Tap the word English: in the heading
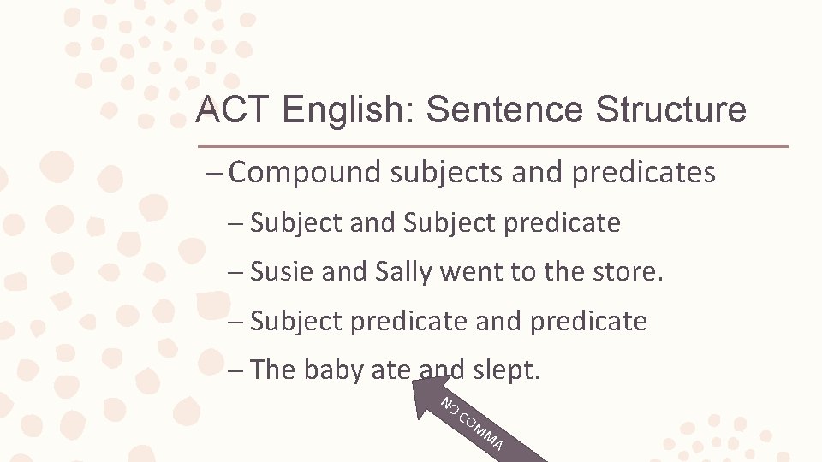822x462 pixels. point(347,110)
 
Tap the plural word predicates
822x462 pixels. point(643,173)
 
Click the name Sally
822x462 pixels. point(405,272)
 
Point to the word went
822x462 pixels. point(468,272)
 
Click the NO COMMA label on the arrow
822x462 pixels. point(472,423)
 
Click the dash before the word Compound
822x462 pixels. point(216,174)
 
